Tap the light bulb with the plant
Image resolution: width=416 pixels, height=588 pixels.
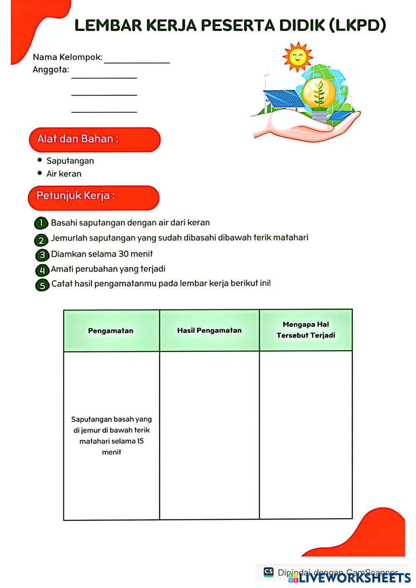[x=319, y=93]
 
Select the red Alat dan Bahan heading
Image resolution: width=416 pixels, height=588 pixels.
[x=94, y=139]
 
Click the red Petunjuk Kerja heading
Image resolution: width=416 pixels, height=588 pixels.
[x=94, y=197]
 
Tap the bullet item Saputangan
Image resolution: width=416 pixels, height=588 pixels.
[x=70, y=161]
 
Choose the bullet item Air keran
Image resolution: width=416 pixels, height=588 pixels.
[x=64, y=174]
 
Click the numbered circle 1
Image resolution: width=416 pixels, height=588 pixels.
[x=41, y=223]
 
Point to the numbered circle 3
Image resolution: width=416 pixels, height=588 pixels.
[x=42, y=255]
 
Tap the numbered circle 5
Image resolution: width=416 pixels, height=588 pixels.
[x=42, y=285]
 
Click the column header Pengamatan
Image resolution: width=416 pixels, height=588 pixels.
[x=111, y=331]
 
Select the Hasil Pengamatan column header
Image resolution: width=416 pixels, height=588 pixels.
[x=209, y=330]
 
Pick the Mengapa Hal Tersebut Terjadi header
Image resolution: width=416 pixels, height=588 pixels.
[x=306, y=330]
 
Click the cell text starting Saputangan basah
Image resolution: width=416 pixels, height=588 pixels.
[x=111, y=435]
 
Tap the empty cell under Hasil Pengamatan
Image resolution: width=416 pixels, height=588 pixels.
[x=209, y=435]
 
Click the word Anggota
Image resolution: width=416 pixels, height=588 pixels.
[x=51, y=70]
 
